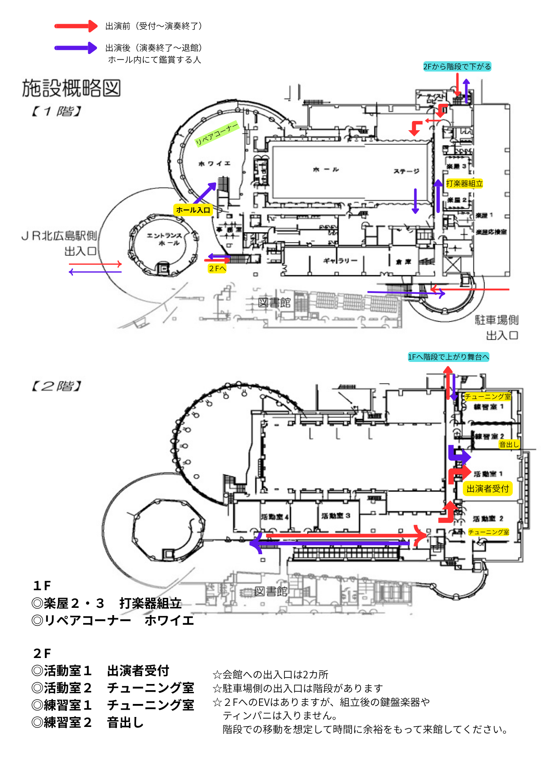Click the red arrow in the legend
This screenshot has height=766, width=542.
tap(76, 26)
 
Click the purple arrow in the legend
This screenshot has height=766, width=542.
tap(76, 48)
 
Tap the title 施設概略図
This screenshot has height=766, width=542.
tap(71, 88)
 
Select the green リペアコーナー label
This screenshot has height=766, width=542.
tap(217, 133)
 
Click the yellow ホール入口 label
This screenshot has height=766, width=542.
tap(193, 210)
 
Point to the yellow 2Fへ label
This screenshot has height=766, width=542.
tap(217, 268)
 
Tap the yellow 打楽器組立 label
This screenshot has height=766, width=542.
tap(464, 183)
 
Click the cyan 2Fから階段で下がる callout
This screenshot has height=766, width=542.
tap(457, 67)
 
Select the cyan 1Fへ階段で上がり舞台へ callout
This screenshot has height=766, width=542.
tap(448, 357)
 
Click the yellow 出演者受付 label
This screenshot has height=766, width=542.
tap(488, 489)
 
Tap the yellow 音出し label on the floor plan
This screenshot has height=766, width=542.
tap(509, 444)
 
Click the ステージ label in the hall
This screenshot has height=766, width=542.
tap(406, 171)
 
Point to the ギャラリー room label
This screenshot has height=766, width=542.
tap(340, 261)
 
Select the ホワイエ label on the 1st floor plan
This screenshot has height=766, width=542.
tap(214, 164)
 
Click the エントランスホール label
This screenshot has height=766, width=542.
tap(164, 239)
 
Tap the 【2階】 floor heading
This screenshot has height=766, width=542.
tap(56, 386)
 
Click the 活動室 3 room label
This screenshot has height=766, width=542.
tap(336, 516)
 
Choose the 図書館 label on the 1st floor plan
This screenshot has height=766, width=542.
tap(274, 303)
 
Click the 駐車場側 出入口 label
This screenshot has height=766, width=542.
tap(497, 327)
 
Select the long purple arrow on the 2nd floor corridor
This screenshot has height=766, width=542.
tap(330, 543)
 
